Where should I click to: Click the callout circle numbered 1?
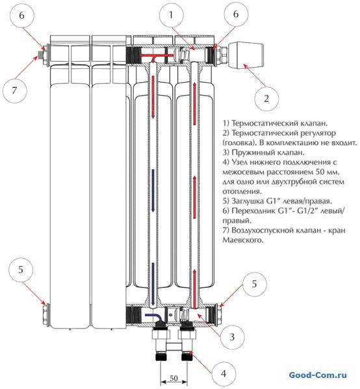(171, 16)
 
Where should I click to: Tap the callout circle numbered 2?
(266, 98)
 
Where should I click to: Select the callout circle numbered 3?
(232, 337)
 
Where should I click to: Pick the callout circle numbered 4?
(224, 373)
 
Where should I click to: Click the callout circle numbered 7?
(14, 90)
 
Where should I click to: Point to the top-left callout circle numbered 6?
(22, 16)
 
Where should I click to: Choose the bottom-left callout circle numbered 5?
(21, 270)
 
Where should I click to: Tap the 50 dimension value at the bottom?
(174, 378)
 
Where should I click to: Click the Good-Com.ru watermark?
(318, 375)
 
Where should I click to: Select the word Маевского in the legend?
(242, 240)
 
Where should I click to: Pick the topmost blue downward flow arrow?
(153, 191)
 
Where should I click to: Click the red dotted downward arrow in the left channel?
(153, 97)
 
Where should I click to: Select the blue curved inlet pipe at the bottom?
(153, 317)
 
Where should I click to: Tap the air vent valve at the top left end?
(40, 55)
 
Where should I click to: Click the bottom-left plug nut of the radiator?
(45, 314)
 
